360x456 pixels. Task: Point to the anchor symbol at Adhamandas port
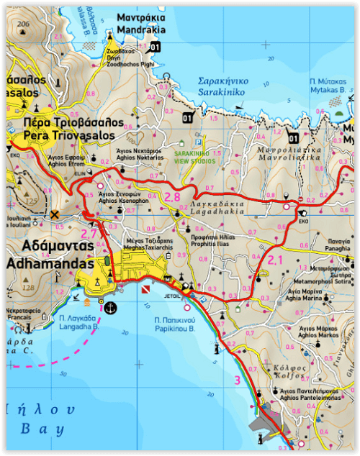pyautogui.click(x=110, y=308)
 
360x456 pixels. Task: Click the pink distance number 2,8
pyautogui.click(x=172, y=196)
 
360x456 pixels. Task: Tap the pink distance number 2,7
pyautogui.click(x=88, y=234)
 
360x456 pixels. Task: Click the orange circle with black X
pyautogui.click(x=55, y=214)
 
